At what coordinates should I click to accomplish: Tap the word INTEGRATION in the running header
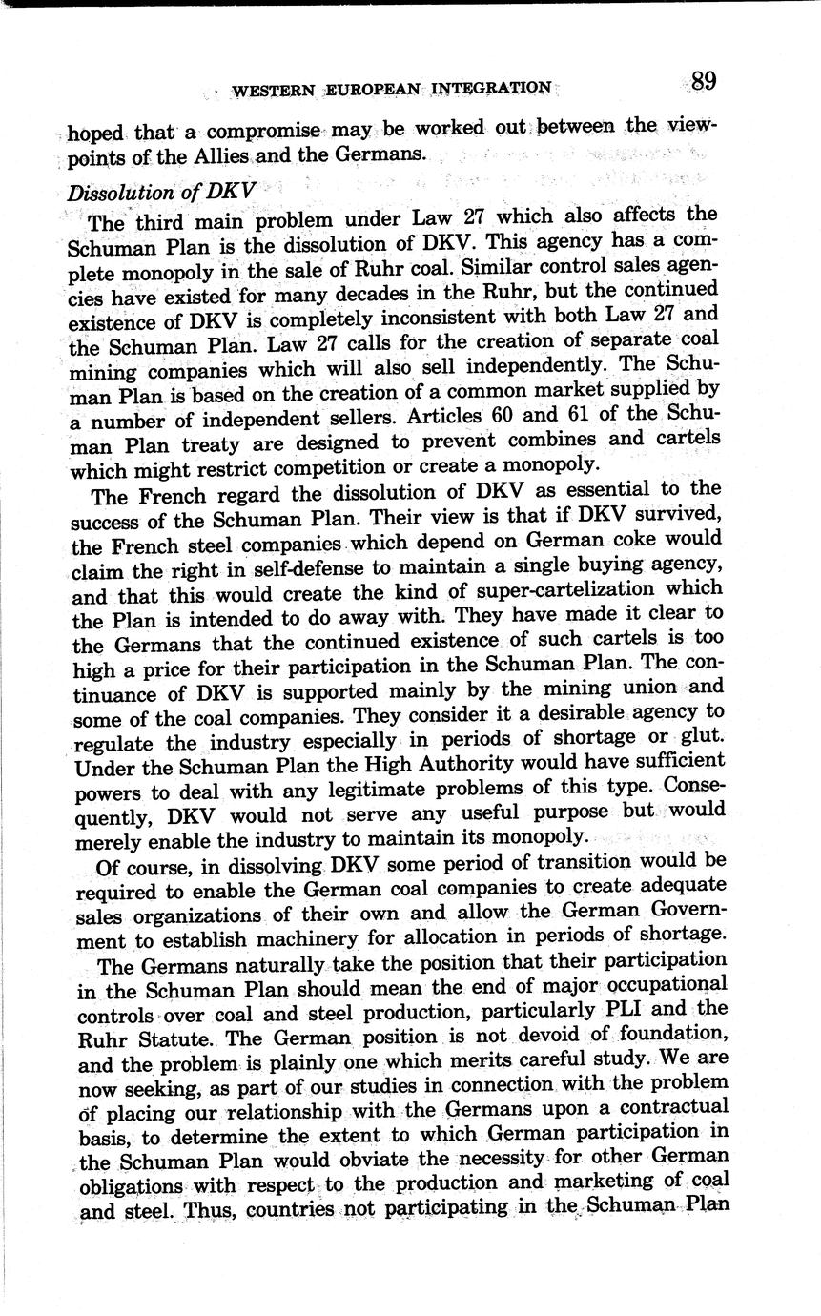click(x=491, y=89)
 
